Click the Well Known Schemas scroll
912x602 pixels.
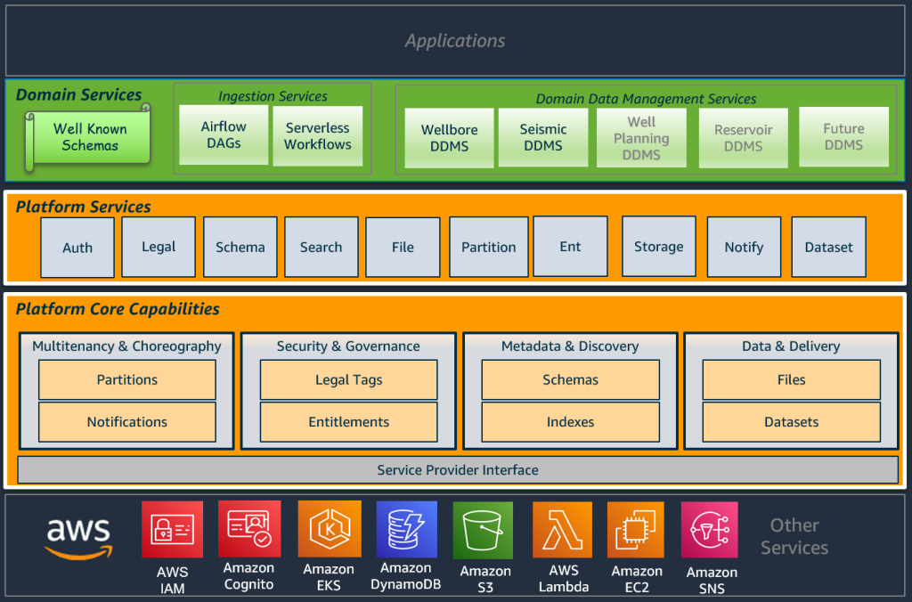pyautogui.click(x=89, y=136)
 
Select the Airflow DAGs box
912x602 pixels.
pyautogui.click(x=224, y=134)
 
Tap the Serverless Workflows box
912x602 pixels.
pyautogui.click(x=318, y=135)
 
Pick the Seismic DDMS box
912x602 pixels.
pyautogui.click(x=543, y=137)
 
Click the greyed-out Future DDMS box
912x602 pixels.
pyautogui.click(x=843, y=136)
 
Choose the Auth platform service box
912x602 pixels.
pyautogui.click(x=77, y=248)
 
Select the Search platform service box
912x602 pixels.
pyautogui.click(x=321, y=248)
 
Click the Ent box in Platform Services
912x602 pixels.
pyautogui.click(x=570, y=247)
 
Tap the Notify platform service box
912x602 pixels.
pyautogui.click(x=744, y=248)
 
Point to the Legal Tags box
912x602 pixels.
pyautogui.click(x=348, y=379)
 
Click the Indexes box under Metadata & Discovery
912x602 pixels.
pyautogui.click(x=570, y=422)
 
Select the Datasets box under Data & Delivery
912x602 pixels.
pyautogui.click(x=791, y=422)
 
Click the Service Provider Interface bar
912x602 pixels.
pyautogui.click(x=458, y=469)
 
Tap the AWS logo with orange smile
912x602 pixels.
pyautogui.click(x=78, y=538)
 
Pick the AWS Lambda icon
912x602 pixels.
pyautogui.click(x=562, y=531)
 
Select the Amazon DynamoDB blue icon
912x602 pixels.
pyautogui.click(x=406, y=531)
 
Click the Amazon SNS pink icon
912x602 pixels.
pyautogui.click(x=710, y=531)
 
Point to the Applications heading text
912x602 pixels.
pyautogui.click(x=455, y=41)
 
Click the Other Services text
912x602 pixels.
pyautogui.click(x=794, y=536)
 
